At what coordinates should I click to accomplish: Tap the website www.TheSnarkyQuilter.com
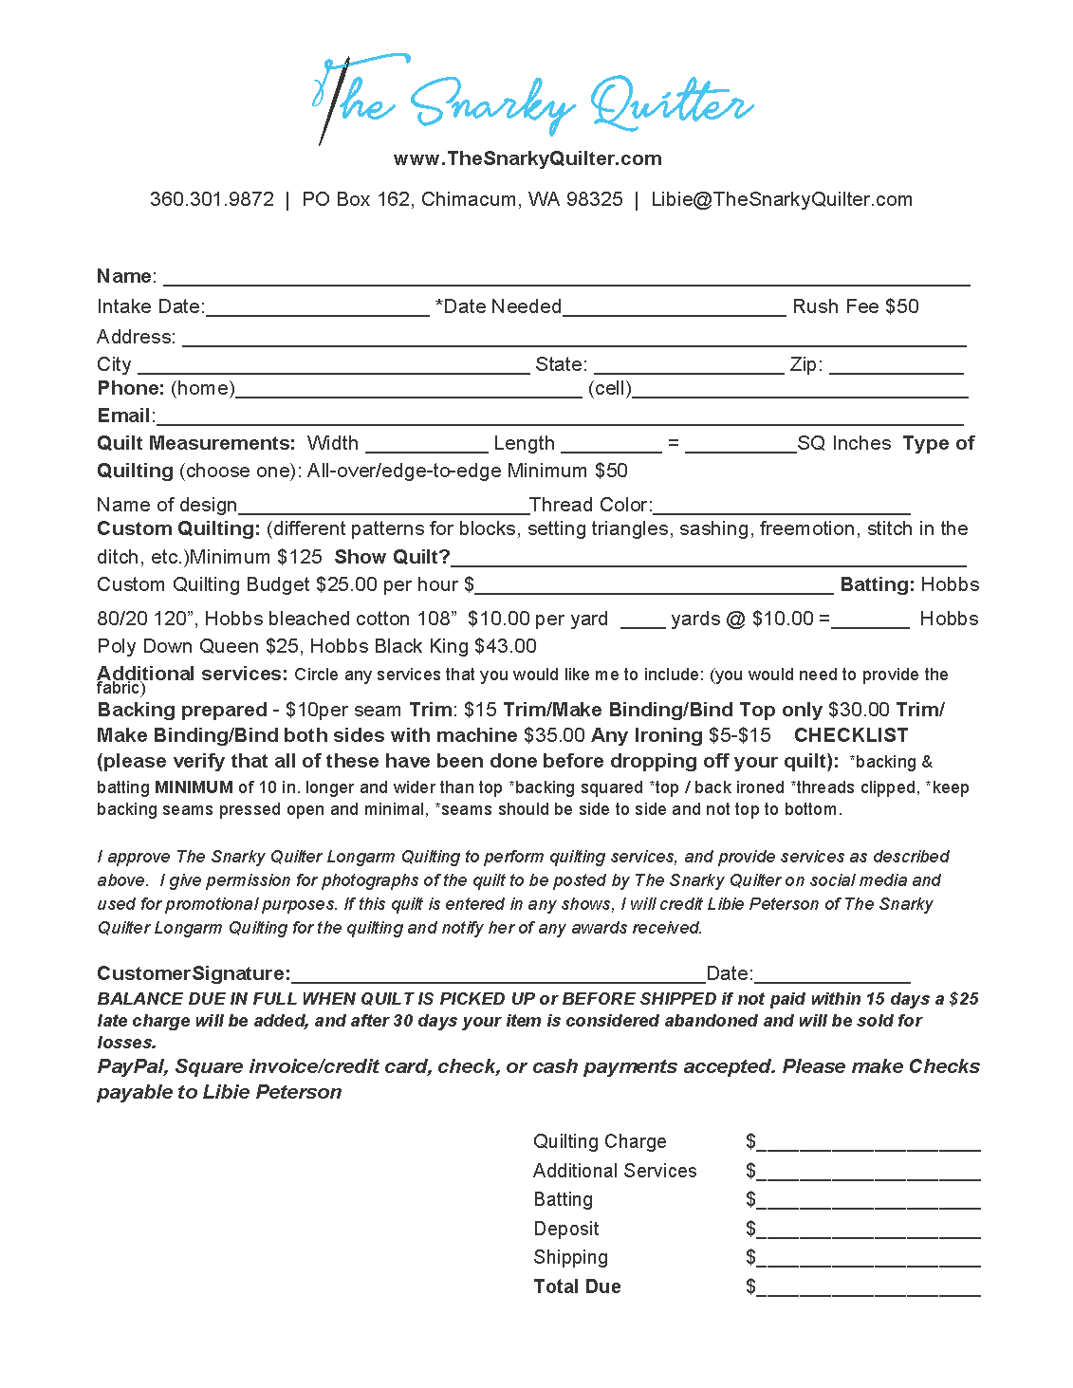[x=527, y=158]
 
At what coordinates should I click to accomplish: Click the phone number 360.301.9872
[x=212, y=199]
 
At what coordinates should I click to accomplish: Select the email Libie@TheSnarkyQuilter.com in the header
[x=782, y=199]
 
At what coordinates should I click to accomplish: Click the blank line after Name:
[x=566, y=278]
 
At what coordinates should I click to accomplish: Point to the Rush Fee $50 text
[x=856, y=306]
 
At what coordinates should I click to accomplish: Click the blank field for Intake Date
[x=318, y=308]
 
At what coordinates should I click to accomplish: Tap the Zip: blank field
[x=896, y=366]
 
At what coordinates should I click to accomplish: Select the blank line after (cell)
[x=800, y=390]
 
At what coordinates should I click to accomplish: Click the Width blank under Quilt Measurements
[x=426, y=445]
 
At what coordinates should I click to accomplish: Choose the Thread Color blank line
[x=782, y=507]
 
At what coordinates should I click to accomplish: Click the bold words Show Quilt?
[x=392, y=557]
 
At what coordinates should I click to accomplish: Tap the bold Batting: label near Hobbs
[x=878, y=584]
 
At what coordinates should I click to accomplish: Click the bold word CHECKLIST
[x=851, y=735]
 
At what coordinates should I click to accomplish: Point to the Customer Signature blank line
[x=498, y=975]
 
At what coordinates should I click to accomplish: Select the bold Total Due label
[x=577, y=1286]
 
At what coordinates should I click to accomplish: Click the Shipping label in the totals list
[x=570, y=1257]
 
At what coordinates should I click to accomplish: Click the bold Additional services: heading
[x=192, y=674]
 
